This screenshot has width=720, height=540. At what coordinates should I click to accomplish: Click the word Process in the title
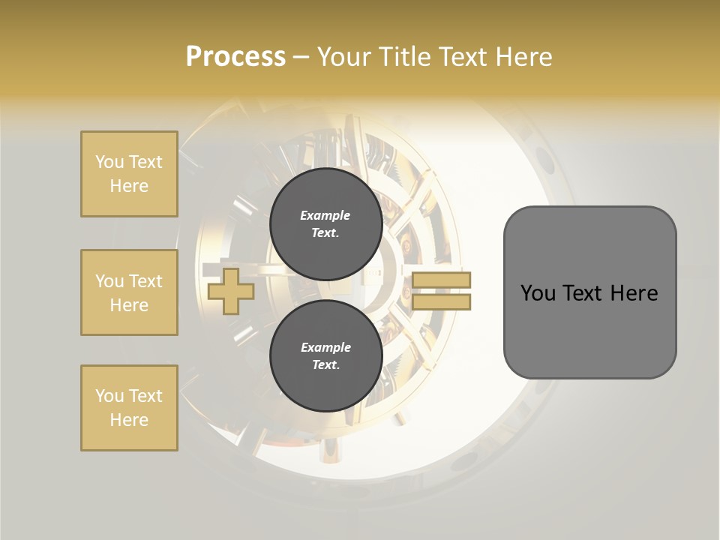click(235, 57)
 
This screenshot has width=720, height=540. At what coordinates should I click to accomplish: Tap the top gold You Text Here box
click(129, 174)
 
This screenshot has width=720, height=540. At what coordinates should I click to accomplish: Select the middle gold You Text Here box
click(129, 292)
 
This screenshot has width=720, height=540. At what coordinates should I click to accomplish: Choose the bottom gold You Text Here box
click(129, 408)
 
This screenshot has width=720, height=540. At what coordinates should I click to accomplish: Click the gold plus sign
click(230, 291)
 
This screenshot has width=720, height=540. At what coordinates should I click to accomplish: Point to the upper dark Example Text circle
click(325, 223)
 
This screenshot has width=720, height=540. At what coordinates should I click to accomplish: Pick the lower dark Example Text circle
click(325, 355)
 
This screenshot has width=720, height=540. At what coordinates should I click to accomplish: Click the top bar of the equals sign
click(441, 280)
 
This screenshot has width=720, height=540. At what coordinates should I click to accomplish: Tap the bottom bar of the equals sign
click(441, 301)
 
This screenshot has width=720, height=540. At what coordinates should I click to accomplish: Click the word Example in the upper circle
click(325, 215)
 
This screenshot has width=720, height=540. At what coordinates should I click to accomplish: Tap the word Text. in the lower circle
click(325, 365)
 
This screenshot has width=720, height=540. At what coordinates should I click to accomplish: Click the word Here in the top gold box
click(129, 186)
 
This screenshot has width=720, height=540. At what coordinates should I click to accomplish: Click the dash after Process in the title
click(300, 57)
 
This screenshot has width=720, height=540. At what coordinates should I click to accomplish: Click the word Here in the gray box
click(634, 293)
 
